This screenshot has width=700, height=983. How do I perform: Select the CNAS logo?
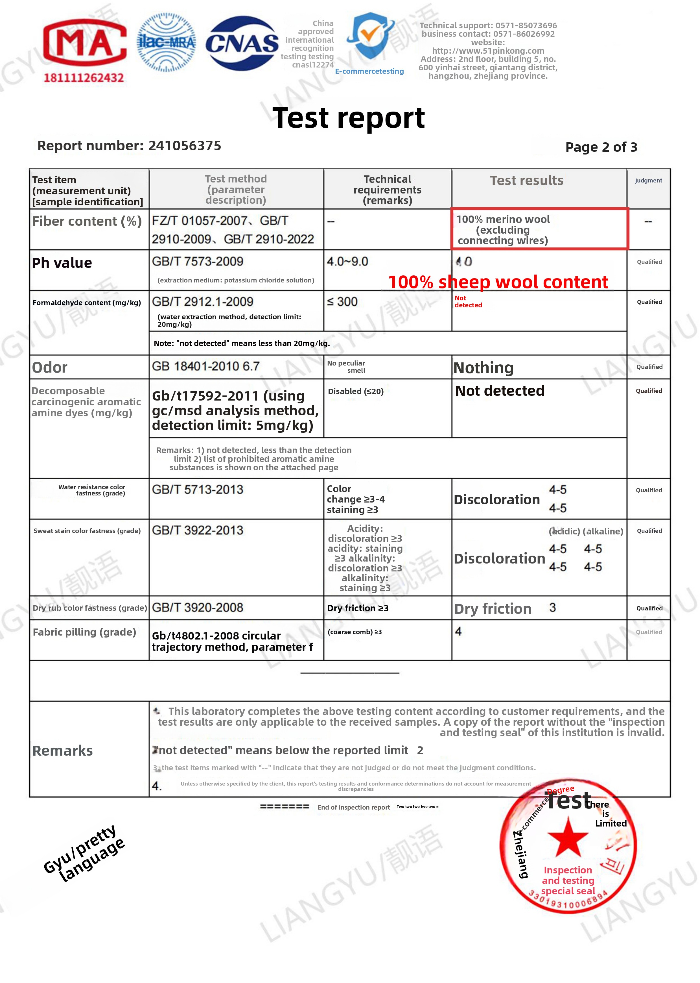[242, 43]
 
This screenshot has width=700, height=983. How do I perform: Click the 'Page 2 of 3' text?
[601, 147]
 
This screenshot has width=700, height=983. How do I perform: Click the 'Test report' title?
[348, 118]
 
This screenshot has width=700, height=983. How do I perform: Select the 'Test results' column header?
[526, 181]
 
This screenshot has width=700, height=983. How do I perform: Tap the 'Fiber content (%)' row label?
[87, 221]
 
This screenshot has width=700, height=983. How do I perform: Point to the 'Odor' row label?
[50, 367]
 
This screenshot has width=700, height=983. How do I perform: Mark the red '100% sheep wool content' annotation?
[498, 282]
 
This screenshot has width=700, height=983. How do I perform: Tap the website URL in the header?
[488, 51]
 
